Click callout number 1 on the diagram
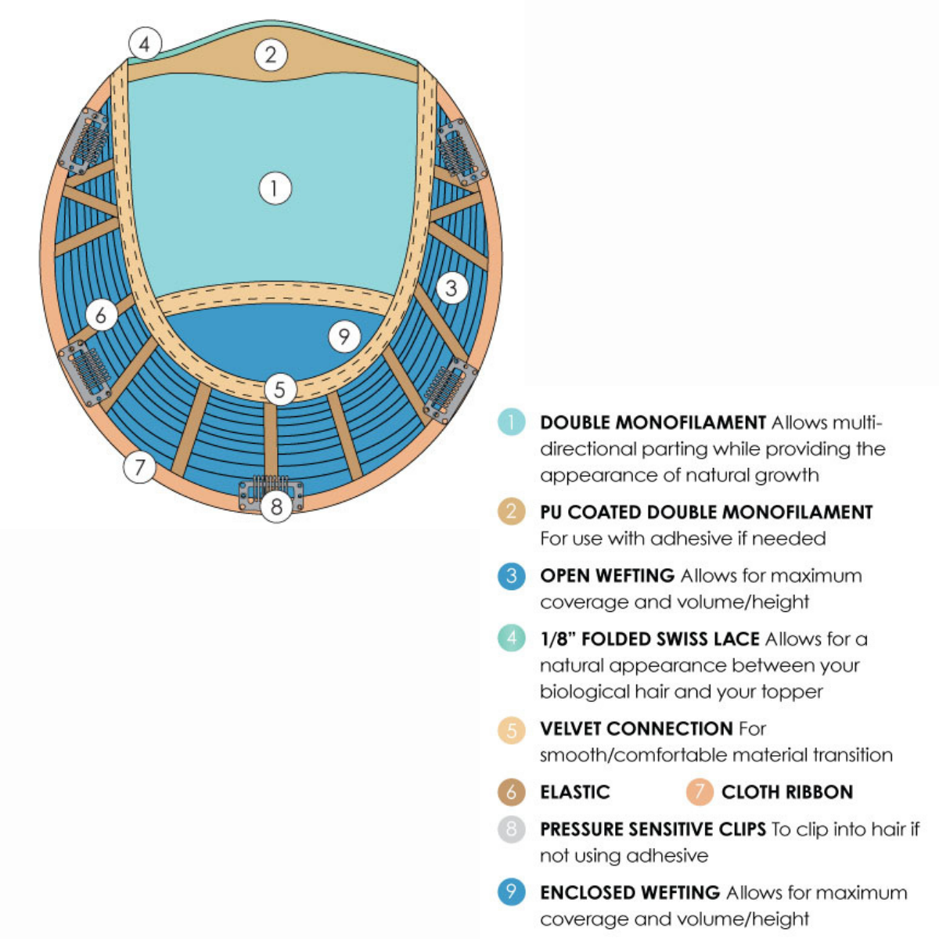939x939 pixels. (275, 188)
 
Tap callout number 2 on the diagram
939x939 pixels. (271, 54)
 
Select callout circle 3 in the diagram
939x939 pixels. (452, 288)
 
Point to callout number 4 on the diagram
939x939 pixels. (145, 44)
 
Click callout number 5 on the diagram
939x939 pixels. (280, 390)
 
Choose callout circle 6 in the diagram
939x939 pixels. (102, 315)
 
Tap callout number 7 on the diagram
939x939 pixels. (139, 467)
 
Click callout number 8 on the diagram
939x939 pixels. (276, 506)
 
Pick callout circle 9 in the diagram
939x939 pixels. (344, 336)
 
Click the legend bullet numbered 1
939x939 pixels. (511, 422)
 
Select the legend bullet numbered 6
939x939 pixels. (511, 793)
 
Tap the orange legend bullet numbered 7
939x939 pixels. (700, 792)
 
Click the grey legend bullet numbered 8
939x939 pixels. (511, 829)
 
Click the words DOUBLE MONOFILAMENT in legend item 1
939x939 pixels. (653, 423)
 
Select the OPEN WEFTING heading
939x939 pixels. (607, 575)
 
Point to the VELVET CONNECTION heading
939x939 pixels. (636, 729)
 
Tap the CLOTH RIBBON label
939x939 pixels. (787, 793)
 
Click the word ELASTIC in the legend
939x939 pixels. (575, 793)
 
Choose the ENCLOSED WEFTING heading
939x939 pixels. (630, 893)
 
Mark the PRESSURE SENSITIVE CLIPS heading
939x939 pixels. (653, 829)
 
